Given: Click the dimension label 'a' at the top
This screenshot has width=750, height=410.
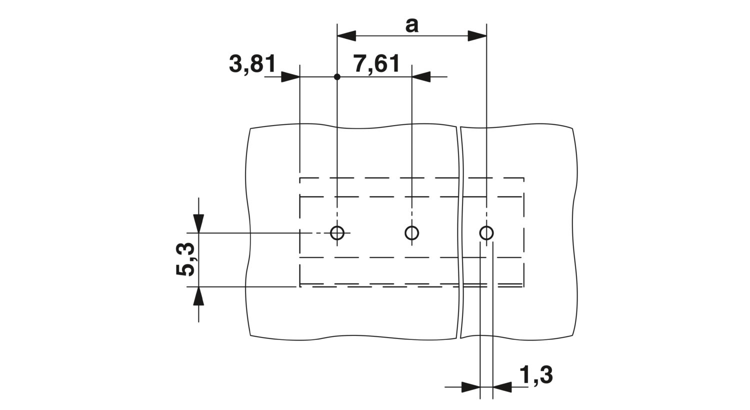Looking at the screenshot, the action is click(x=412, y=26).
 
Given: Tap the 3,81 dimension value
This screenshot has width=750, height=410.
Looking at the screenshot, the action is click(x=253, y=64).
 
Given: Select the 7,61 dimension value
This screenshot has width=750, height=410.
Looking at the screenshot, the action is click(x=377, y=64).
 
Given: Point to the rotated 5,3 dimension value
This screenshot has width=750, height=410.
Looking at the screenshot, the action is click(x=185, y=259).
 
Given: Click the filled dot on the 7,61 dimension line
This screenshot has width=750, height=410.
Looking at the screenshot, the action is click(x=337, y=77).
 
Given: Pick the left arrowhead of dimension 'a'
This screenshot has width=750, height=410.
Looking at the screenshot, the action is click(x=346, y=36).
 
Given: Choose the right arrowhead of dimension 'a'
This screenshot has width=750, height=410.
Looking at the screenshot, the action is click(x=477, y=36).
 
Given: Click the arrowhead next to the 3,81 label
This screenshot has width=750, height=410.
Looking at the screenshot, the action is click(x=290, y=77).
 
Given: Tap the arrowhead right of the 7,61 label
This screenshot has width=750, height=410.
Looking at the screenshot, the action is click(x=421, y=77).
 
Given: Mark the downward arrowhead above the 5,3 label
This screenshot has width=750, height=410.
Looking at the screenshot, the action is click(x=198, y=223).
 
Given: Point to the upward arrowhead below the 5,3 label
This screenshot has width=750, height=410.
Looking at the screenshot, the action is click(x=198, y=296).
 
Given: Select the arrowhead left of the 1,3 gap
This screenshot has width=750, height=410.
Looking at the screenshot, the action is click(x=471, y=387).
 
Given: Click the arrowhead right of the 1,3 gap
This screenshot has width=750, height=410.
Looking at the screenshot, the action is click(x=502, y=387).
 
